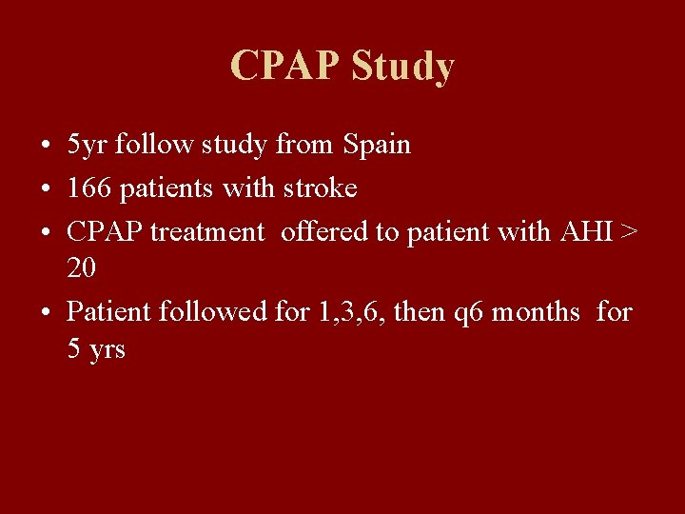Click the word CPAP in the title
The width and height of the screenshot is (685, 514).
[x=284, y=67]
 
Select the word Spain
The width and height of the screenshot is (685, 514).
[x=376, y=146]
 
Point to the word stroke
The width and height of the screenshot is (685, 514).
[x=320, y=188]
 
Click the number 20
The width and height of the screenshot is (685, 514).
[x=82, y=268]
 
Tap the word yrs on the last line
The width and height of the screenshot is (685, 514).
[x=107, y=350]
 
